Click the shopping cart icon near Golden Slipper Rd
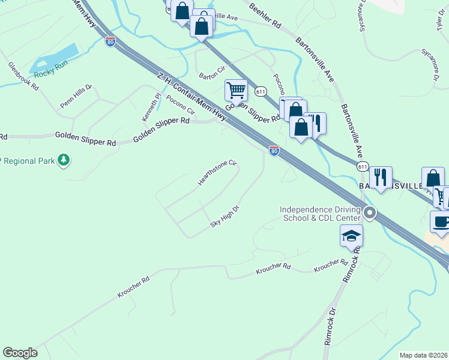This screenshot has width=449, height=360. [236, 90]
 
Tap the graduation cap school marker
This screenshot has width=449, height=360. [351, 236]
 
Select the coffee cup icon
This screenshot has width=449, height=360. [441, 221]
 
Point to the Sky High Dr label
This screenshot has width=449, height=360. [224, 217]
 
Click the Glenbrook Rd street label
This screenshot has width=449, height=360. [23, 76]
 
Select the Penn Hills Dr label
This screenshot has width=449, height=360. [76, 96]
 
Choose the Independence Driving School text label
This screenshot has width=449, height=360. [319, 213]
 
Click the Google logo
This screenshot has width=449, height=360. [20, 352]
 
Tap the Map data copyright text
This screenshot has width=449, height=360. [423, 355]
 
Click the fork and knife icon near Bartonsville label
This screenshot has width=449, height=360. [380, 177]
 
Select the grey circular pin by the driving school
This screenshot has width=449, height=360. [370, 212]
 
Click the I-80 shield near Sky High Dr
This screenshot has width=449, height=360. [274, 150]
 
